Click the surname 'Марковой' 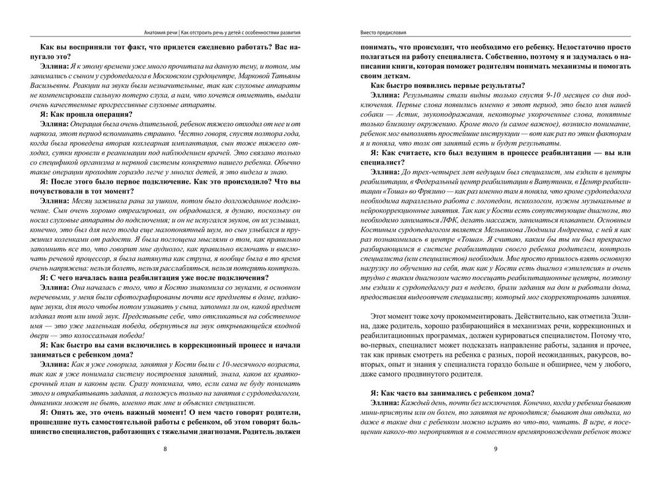(252, 77)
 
